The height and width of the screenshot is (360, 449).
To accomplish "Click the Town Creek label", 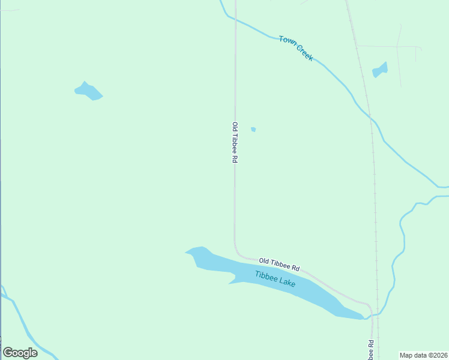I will pos(296,48).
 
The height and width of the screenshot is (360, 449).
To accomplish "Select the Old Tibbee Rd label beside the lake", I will pos(279,263).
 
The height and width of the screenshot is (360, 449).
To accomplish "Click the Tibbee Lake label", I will pos(275,279).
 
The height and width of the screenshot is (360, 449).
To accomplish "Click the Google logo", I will pos(20,353).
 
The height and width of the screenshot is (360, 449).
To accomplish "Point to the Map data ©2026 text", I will pos(423,355).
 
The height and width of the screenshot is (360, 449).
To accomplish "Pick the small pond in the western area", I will pos(89,91).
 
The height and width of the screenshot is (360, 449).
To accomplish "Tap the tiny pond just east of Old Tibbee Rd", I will pos(253,129).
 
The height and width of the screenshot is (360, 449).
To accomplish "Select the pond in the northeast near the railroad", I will pos(380,70).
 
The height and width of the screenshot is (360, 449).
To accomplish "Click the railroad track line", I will pos(375,180).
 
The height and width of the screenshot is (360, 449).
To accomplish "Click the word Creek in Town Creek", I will pos(304,53).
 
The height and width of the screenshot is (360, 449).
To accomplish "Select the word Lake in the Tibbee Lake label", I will pos(287,282).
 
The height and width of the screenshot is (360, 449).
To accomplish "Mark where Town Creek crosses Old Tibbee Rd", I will pos(235,20).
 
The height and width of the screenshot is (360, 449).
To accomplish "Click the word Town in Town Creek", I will pos(287,41).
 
